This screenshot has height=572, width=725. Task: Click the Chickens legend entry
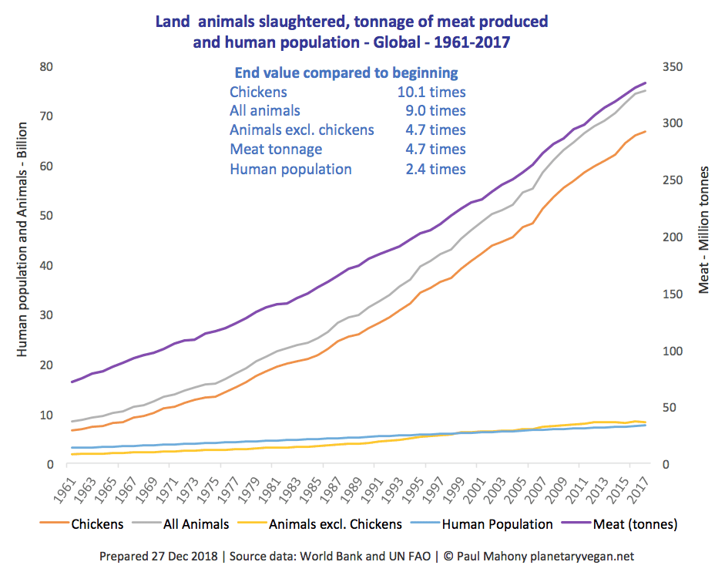[x=97, y=524]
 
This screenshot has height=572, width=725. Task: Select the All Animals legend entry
[x=196, y=524]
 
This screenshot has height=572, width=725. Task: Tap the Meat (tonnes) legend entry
[x=636, y=524]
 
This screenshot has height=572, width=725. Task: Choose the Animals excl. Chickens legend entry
[x=335, y=524]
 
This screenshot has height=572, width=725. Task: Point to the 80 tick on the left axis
[x=45, y=67]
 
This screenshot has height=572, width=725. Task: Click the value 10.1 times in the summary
[x=435, y=93]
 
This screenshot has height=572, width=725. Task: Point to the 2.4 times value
[x=435, y=170]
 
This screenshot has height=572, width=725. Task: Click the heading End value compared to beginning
[x=346, y=73]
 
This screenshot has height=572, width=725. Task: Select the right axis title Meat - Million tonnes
[x=703, y=231]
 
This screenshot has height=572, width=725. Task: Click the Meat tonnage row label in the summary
[x=276, y=150]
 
